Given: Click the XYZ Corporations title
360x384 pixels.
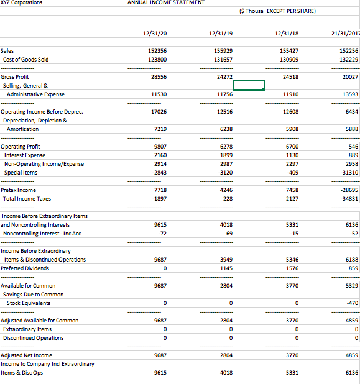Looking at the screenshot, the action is pos(22,3).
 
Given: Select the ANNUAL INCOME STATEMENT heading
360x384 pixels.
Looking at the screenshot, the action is pos(166,3).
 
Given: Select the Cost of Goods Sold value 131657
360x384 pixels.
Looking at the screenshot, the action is pos(223,59).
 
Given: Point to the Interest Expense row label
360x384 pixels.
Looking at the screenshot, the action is pos(24,155).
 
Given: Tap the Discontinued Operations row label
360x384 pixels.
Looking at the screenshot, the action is pos(33,337).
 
